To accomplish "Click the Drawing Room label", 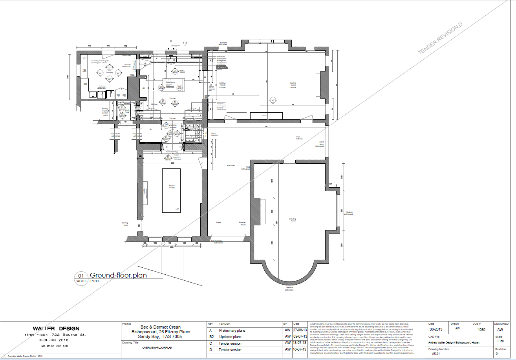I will tap(293, 220).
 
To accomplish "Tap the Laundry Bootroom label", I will tap(126, 66).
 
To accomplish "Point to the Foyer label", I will tap(219, 223).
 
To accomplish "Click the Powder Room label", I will tap(242, 223).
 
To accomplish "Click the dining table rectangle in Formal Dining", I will tap(172, 190).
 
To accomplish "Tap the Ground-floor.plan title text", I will tap(118, 275).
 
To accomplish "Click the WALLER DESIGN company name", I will tap(56, 329).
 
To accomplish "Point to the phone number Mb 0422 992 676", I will tap(55, 346).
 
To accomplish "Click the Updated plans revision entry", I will tap(230, 337).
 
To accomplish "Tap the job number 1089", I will tap(481, 330).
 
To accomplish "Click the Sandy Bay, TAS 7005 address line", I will tap(161, 337).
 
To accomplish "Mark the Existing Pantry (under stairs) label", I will tap(105, 112).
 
